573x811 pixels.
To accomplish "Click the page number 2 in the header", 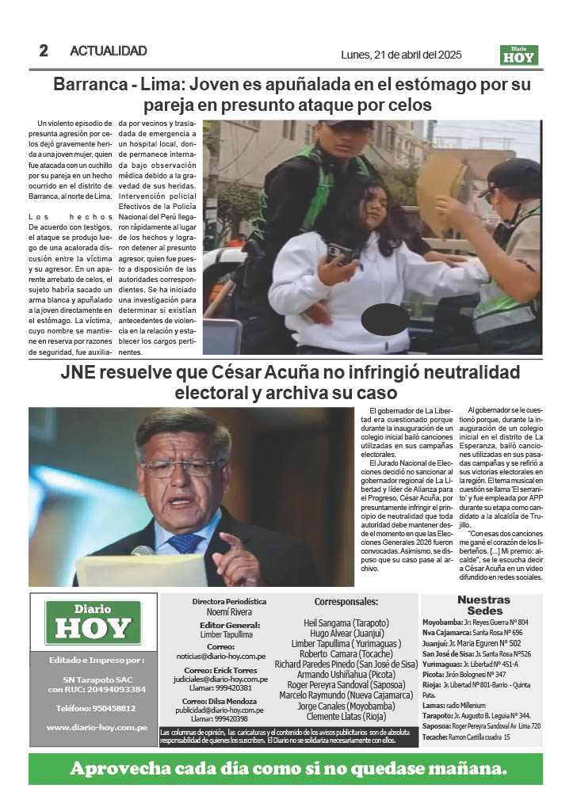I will pyautogui.click(x=44, y=51).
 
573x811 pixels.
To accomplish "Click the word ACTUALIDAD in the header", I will pyautogui.click(x=109, y=51).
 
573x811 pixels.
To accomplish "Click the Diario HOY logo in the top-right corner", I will pyautogui.click(x=519, y=55).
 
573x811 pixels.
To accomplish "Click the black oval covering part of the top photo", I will pyautogui.click(x=384, y=318).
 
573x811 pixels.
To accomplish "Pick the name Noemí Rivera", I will pyautogui.click(x=229, y=613).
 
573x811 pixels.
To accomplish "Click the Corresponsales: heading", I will pyautogui.click(x=346, y=602).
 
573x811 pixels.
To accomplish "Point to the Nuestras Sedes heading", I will pyautogui.click(x=484, y=605).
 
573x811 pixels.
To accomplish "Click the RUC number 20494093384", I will pyautogui.click(x=115, y=689).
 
